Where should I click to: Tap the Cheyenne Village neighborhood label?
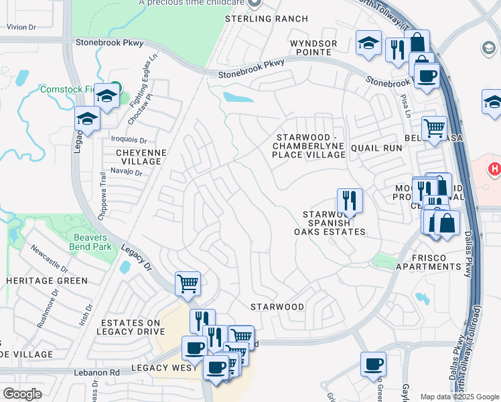(x=132, y=157)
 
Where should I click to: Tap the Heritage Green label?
(x=46, y=280)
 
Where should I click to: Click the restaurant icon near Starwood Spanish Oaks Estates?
(x=349, y=200)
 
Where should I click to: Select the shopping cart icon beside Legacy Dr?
(x=188, y=283)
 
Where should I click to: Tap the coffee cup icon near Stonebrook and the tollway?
(x=427, y=74)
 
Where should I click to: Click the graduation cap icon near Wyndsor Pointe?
(x=368, y=44)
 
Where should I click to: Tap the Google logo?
(x=22, y=394)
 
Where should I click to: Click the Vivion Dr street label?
(x=20, y=27)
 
